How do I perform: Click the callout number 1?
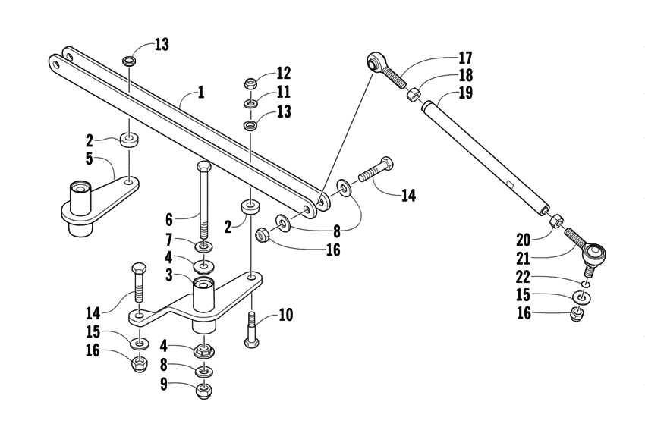[200, 93]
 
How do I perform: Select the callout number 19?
[464, 94]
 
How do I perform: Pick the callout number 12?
[283, 74]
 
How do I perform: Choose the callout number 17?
[464, 58]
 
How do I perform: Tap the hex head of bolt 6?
[204, 167]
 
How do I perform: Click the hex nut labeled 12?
[250, 83]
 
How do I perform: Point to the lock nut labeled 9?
[204, 391]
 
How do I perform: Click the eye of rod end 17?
[376, 61]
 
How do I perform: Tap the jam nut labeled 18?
[414, 95]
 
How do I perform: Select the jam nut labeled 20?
[556, 220]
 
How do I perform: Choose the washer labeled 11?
[250, 104]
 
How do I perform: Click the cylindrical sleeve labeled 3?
[203, 296]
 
